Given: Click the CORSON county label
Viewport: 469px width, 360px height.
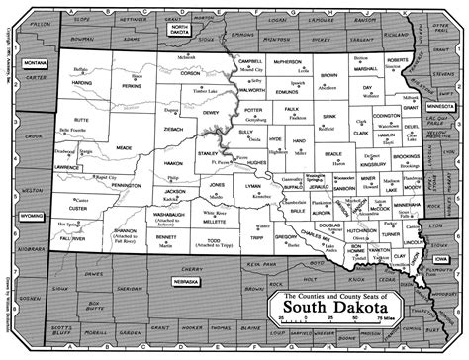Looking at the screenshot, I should pyautogui.click(x=188, y=73).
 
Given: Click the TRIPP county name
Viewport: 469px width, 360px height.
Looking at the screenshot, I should pyautogui.click(x=255, y=239).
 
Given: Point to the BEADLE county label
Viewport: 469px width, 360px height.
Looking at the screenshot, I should pyautogui.click(x=333, y=155).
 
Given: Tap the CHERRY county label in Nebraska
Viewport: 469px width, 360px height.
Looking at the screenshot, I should pyautogui.click(x=215, y=267).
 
